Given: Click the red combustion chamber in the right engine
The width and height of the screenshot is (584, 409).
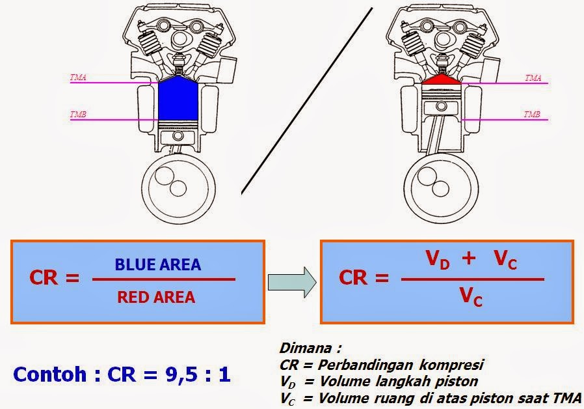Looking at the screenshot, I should (442, 81).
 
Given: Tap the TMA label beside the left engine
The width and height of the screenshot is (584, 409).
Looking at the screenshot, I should (79, 78).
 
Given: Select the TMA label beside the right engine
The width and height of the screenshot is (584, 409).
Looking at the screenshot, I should (533, 78).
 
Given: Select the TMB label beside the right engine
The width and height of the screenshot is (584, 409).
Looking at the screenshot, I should (532, 115).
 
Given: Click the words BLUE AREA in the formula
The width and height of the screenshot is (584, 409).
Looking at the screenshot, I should (158, 265).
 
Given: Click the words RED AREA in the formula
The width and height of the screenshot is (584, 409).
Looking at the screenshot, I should (156, 298).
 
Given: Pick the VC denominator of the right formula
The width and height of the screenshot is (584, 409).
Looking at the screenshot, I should (471, 297).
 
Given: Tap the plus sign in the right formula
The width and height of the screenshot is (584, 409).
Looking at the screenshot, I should (469, 259).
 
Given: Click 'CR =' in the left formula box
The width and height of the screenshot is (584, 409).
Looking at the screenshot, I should (54, 279).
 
